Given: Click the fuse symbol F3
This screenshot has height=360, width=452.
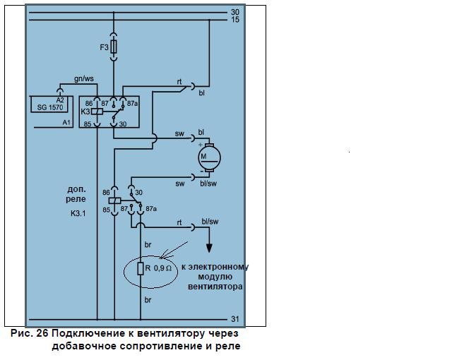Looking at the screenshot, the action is tap(114, 47).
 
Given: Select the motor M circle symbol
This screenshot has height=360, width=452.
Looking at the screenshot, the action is tap(209, 158).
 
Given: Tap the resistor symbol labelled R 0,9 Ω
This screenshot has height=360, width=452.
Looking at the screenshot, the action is tap(141, 268).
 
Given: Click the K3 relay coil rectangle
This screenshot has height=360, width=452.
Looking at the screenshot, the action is tap(97, 112).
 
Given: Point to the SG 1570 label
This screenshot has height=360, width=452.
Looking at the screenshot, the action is tap(50, 107).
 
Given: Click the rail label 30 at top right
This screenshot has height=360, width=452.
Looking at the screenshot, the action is tap(235, 12).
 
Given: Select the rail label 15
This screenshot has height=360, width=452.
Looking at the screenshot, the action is tap(235, 20).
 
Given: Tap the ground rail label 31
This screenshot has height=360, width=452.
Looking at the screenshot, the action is tap(235, 319).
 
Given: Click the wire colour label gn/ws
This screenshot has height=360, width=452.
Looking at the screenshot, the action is tap(84, 79).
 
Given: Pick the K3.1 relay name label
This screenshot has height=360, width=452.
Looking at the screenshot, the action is tap(78, 213).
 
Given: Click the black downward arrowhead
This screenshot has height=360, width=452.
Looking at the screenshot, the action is tap(209, 248).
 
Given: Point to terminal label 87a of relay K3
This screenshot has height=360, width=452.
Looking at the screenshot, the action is tap(132, 103).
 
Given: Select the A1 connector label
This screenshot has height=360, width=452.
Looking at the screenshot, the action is tap(66, 123).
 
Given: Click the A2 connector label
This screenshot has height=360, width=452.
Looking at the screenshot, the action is tap(60, 100).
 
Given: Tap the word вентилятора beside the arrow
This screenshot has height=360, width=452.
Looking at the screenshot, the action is tap(215, 287).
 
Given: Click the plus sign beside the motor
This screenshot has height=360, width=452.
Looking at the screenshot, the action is tap(201, 145).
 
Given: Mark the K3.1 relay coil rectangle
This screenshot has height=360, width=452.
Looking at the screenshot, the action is tap(114, 200).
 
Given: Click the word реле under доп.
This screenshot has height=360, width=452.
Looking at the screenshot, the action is tap(76, 199).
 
